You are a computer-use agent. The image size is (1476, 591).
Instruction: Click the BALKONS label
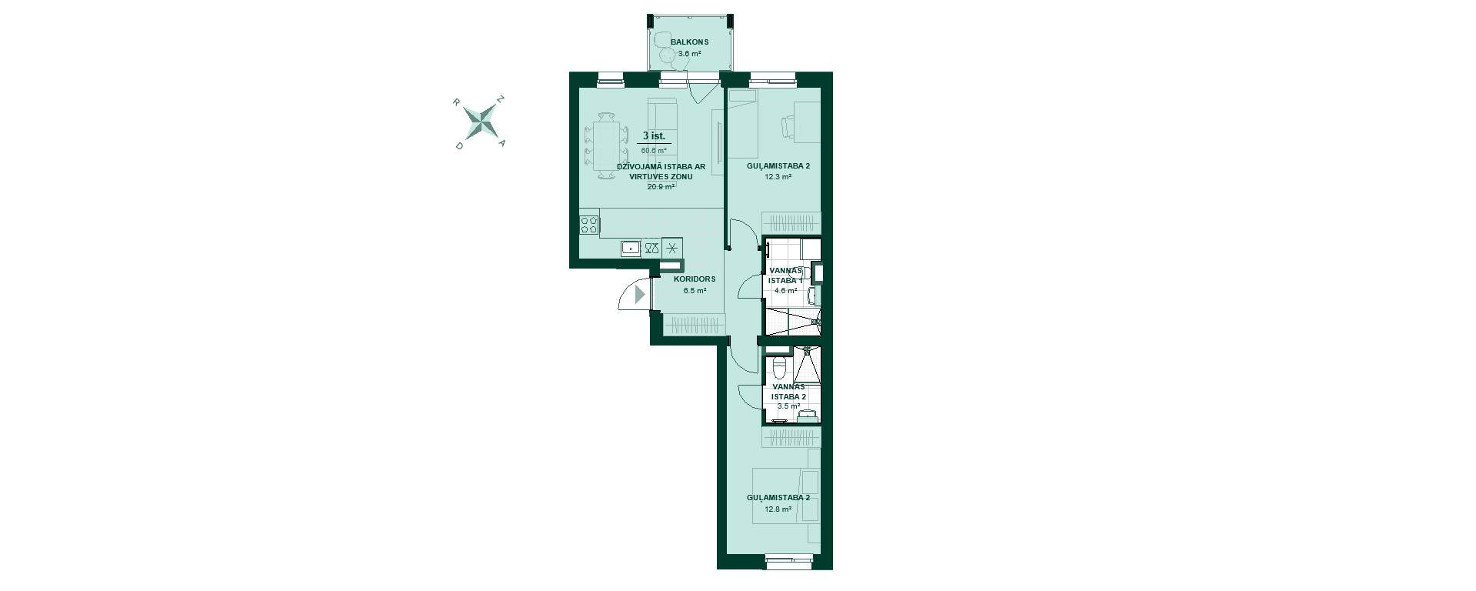point(689,42)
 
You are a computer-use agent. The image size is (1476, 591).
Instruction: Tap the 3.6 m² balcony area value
point(689,54)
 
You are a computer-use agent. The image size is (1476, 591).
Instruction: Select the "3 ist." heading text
point(654,135)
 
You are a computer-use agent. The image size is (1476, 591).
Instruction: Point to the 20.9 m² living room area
point(661,186)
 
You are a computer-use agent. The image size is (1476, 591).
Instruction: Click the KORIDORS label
point(695,279)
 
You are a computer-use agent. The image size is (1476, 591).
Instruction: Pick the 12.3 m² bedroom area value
point(778,176)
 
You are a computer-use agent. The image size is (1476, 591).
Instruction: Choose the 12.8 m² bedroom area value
point(778,509)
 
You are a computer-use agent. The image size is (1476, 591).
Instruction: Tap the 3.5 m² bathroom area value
point(788,406)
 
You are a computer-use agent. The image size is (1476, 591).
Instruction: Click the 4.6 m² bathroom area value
point(786,291)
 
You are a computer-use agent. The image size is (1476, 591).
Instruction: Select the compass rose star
point(481,122)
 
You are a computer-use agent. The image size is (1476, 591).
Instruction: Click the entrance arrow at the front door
point(640,293)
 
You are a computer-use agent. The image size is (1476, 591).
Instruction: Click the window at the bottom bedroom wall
point(788,563)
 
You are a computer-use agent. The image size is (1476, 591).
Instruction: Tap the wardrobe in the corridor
point(695,325)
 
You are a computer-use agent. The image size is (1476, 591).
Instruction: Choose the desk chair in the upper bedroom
point(789,127)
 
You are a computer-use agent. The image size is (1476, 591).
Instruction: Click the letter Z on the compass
point(501,99)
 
